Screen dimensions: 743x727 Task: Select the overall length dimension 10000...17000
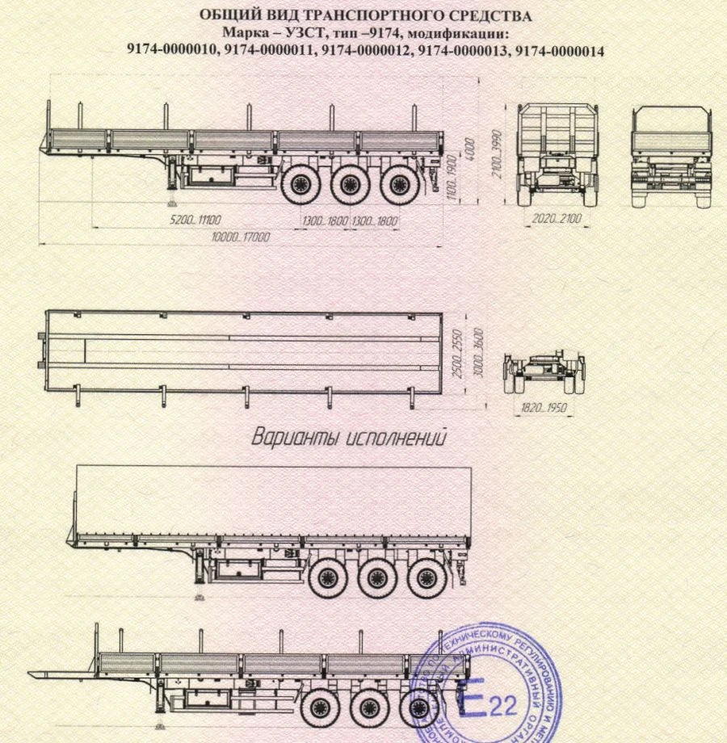(x=240, y=237)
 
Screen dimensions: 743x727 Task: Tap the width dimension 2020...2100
(x=557, y=219)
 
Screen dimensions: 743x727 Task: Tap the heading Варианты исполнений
(x=350, y=439)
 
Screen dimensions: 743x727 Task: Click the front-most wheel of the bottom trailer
(x=318, y=708)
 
